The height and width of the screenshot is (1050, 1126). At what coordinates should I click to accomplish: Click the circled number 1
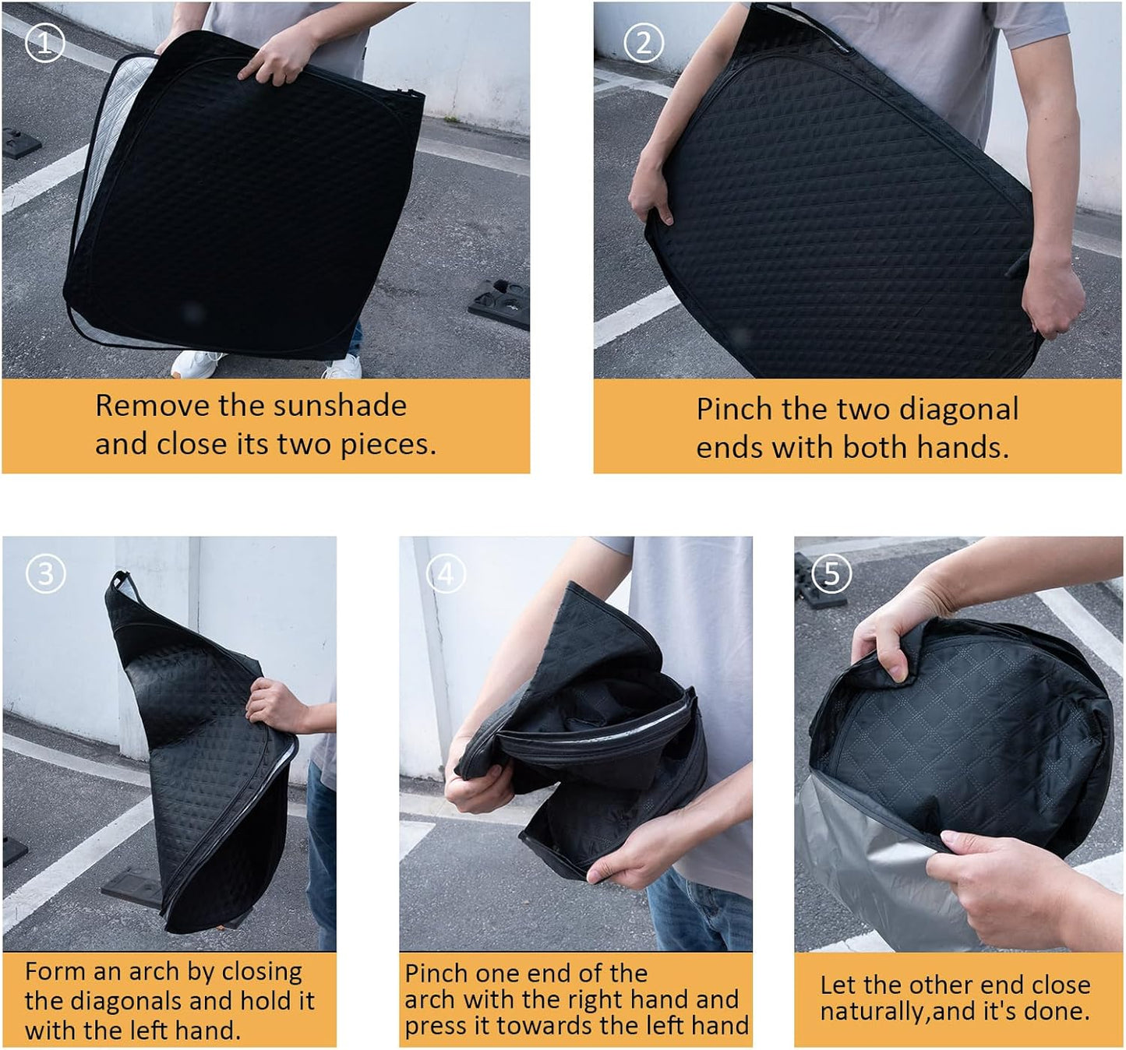pyautogui.click(x=45, y=43)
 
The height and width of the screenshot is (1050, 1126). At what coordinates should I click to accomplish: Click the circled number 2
pyautogui.click(x=644, y=43)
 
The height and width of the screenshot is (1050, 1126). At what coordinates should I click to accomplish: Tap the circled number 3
pyautogui.click(x=45, y=574)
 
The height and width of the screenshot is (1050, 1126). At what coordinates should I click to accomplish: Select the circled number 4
pyautogui.click(x=445, y=575)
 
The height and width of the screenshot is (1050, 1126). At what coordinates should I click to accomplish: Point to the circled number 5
pyautogui.click(x=831, y=574)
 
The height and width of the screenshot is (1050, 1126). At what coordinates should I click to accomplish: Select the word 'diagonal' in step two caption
pyautogui.click(x=958, y=410)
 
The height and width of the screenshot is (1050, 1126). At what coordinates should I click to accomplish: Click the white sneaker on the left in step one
pyautogui.click(x=196, y=364)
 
